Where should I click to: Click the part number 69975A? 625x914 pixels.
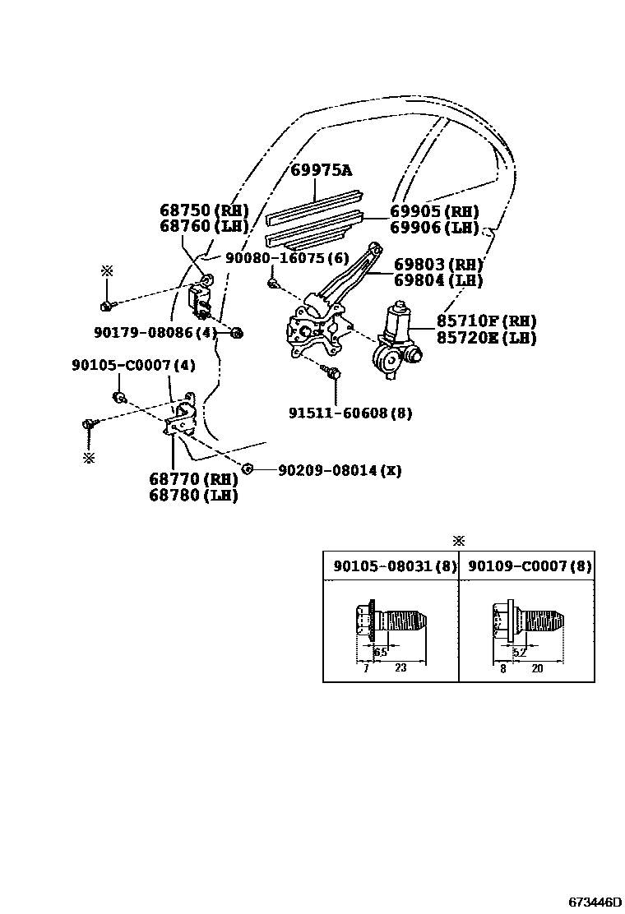[x=321, y=170]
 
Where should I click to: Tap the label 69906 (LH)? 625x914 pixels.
[x=434, y=227]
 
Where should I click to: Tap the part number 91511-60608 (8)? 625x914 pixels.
[x=350, y=413]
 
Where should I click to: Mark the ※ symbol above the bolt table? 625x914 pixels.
[x=459, y=540]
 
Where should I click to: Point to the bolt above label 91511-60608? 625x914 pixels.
[x=333, y=372]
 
